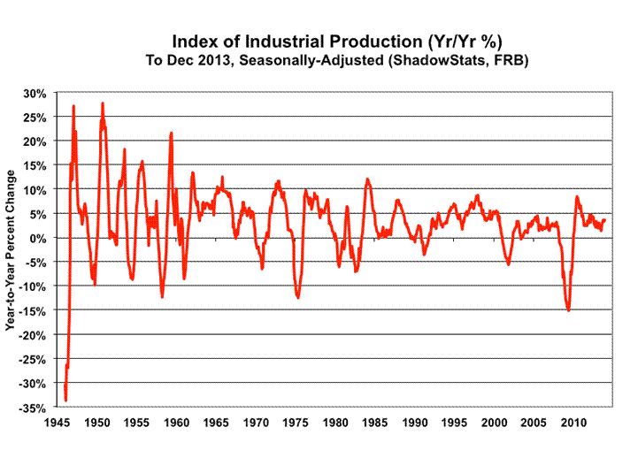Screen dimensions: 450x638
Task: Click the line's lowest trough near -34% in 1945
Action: click(x=65, y=400)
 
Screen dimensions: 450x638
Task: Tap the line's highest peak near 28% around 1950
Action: click(x=103, y=103)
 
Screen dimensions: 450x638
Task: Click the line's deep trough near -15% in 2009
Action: click(x=568, y=310)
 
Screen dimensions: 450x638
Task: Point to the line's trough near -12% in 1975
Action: click(x=298, y=298)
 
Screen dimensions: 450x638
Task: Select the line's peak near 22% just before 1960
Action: click(x=171, y=133)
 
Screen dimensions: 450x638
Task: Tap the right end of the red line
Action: click(x=605, y=220)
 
